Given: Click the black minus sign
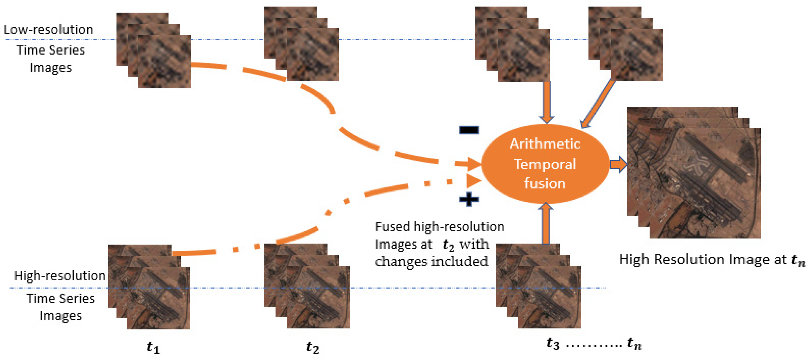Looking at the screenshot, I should (469, 130).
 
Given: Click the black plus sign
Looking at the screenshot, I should (469, 199).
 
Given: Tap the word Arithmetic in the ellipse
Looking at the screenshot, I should (545, 144).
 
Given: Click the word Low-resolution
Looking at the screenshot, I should (49, 30).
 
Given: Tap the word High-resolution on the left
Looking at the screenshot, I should (60, 276).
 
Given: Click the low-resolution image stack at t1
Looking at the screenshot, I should (154, 50).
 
